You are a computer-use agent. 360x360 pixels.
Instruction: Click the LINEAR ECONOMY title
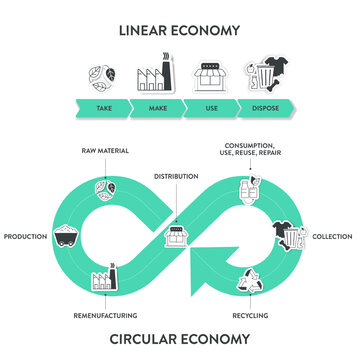tap(180, 30)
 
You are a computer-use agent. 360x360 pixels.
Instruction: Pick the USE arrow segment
tap(209, 108)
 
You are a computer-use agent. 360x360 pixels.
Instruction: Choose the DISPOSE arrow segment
tap(266, 108)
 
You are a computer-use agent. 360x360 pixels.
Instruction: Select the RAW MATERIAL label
tap(105, 151)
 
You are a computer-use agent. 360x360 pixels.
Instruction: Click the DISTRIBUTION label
tap(176, 176)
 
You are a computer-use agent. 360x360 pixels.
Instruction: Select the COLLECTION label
tap(332, 236)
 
